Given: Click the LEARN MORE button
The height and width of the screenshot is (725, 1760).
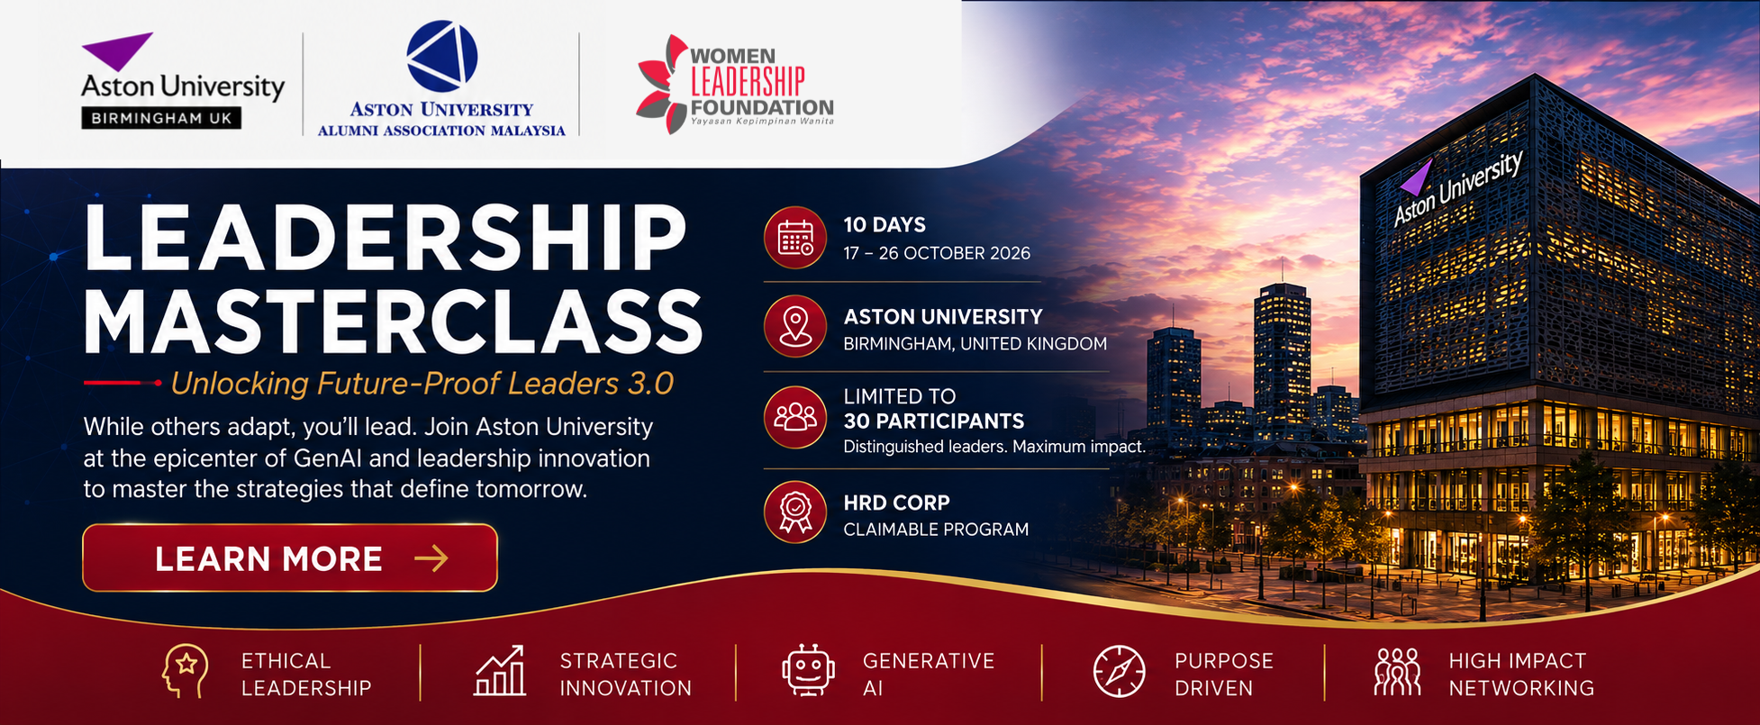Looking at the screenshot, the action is (x=290, y=558).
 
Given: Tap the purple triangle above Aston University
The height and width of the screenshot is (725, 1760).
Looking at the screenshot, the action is (x=117, y=50).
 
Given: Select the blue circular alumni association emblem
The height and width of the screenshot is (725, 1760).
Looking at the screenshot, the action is (x=441, y=57).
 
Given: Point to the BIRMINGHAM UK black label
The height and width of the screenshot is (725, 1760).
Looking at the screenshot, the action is (x=161, y=118).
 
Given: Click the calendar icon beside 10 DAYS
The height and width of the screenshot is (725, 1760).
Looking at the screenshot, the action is (x=795, y=238).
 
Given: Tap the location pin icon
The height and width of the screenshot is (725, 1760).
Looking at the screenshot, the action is (x=795, y=326).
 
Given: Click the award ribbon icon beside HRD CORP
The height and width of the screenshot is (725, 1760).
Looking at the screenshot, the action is (x=795, y=512).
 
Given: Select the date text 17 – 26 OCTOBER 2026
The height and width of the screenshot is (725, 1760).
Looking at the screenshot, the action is (x=937, y=253).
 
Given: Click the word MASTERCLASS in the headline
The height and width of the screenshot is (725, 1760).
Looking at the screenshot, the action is (x=393, y=322).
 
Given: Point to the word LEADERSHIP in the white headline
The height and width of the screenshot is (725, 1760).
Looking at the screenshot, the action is (x=386, y=237).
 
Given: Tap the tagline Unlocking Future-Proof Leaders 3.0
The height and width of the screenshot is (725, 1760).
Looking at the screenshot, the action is (x=422, y=384).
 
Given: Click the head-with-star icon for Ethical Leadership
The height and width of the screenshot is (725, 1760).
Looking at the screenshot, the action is (x=185, y=672).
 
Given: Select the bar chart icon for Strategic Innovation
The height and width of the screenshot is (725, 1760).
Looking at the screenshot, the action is (x=500, y=671).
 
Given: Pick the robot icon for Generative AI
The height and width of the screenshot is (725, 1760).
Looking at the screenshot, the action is (x=808, y=671).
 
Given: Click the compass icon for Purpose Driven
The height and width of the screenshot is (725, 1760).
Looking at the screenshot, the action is (x=1119, y=672).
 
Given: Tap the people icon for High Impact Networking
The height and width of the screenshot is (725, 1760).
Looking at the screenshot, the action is (x=1397, y=672).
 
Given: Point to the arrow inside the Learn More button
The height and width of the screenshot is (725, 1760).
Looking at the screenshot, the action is (x=431, y=558).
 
